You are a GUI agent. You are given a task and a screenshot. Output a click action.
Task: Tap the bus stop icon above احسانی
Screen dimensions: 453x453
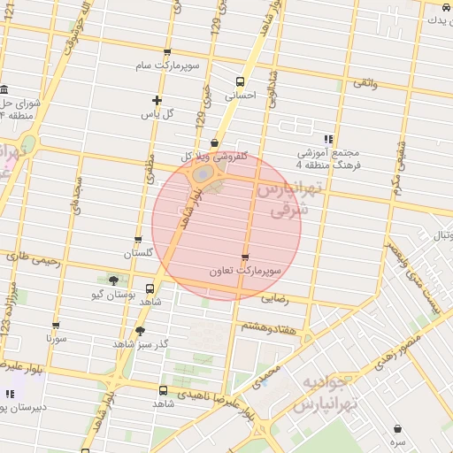[x=240, y=81]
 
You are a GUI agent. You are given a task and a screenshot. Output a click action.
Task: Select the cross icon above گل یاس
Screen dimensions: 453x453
[x=157, y=101]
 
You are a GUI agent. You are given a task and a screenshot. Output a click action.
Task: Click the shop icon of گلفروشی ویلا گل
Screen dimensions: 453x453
[x=214, y=143]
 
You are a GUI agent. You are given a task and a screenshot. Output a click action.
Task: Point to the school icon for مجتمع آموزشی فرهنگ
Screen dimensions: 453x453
[x=328, y=139]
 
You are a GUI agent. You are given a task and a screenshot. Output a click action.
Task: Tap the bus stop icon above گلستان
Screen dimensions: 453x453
[x=138, y=240]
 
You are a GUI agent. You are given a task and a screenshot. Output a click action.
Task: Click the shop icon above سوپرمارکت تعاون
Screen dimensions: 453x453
[x=245, y=257]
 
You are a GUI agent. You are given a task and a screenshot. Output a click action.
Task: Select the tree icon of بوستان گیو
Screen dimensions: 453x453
[x=112, y=280]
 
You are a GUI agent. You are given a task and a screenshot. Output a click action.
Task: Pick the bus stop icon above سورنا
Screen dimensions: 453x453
[x=56, y=326]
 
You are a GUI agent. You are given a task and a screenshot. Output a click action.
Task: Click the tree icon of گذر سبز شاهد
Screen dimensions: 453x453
[x=140, y=331]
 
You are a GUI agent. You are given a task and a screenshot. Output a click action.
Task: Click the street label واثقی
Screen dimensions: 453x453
[x=365, y=82]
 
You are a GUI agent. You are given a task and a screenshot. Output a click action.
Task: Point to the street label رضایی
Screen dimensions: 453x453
[x=274, y=300]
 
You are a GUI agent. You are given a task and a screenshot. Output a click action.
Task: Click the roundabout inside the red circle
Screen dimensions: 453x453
[x=203, y=178]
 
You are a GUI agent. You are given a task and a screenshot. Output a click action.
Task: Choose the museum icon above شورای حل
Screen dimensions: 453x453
[x=6, y=90]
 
